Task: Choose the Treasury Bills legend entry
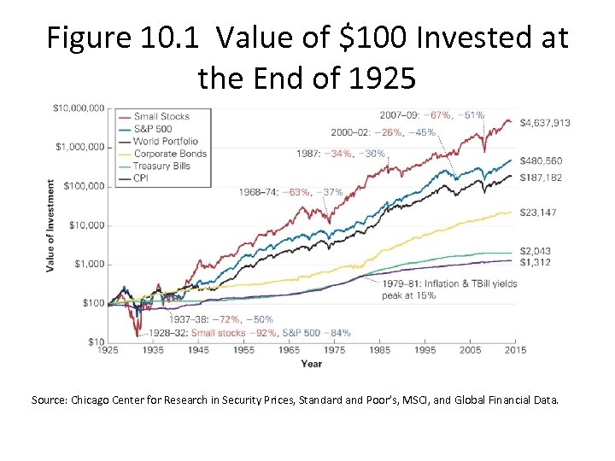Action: [x=164, y=166]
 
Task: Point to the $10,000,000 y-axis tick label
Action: [x=79, y=108]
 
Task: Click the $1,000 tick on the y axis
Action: [x=87, y=264]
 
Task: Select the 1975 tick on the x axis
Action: [x=334, y=350]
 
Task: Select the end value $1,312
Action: [x=537, y=263]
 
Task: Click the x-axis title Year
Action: [x=312, y=365]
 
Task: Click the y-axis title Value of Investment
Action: [x=50, y=226]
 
